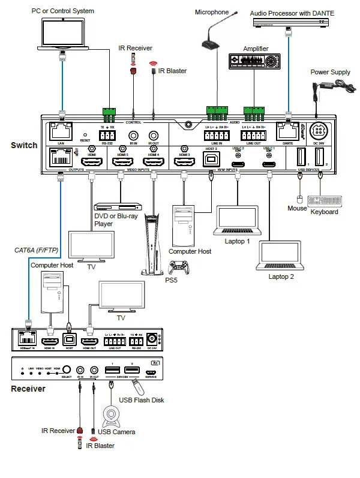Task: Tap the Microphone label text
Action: pos(212,12)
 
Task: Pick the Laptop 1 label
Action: pos(236,240)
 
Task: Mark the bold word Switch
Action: pos(24,145)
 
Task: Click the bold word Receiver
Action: pos(28,389)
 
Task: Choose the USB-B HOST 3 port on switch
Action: pos(211,160)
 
